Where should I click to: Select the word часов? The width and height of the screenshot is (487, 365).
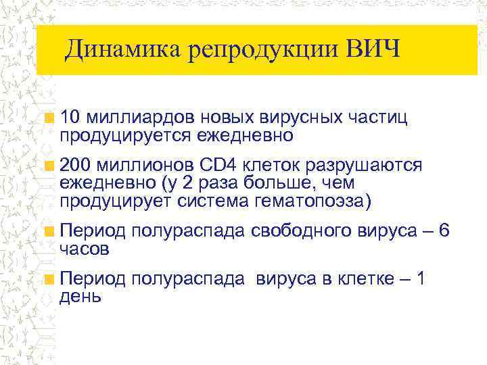click(84, 249)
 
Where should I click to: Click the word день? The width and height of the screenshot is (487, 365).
click(80, 296)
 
